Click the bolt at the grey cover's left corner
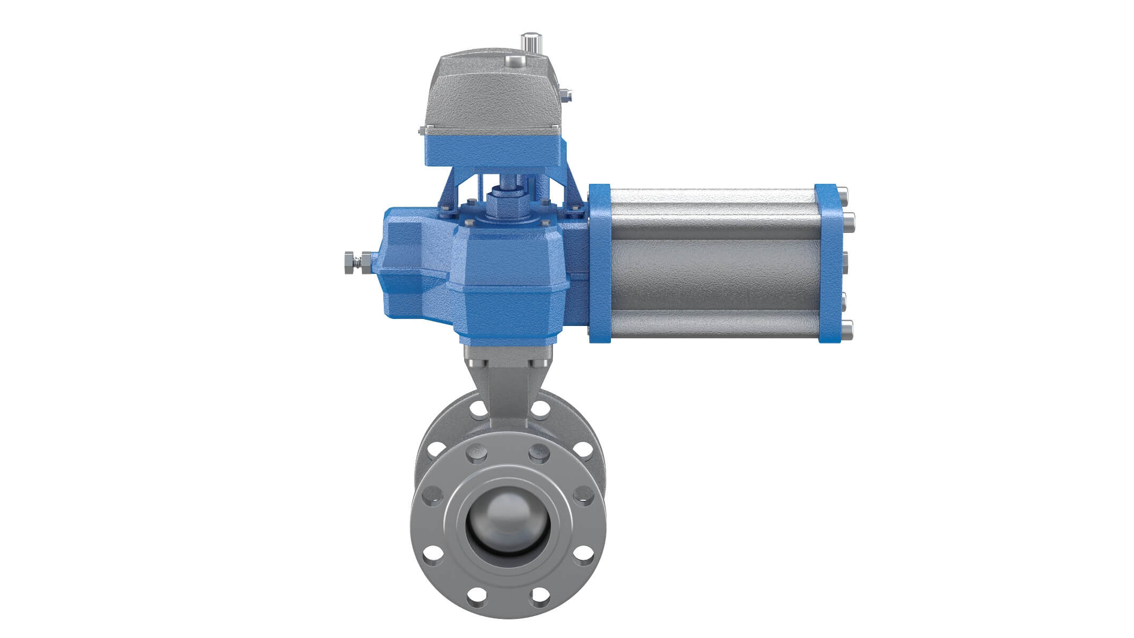[421, 130]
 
